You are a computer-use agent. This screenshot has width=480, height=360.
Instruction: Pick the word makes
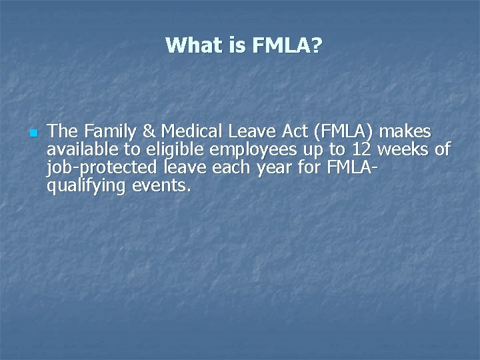click(x=405, y=130)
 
